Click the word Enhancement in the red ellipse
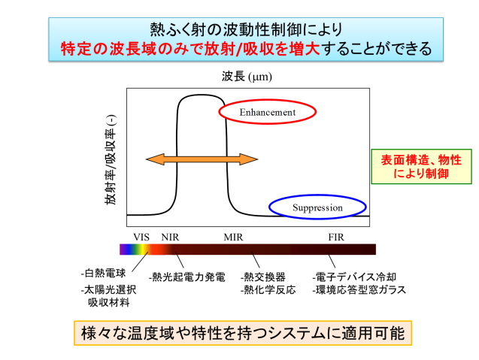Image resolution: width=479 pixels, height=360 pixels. point(267,113)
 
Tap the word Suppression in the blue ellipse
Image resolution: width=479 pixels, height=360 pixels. point(317,207)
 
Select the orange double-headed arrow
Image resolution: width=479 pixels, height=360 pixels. point(202,159)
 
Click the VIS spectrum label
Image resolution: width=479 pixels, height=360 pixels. point(141,237)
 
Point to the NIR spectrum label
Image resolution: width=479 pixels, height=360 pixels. point(170,237)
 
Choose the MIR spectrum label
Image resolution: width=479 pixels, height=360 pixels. point(233,237)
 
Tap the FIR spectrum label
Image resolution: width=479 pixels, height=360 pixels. point(336,237)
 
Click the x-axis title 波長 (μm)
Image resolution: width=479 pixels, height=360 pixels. point(247,77)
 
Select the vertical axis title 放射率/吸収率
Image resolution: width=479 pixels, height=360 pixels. point(111,160)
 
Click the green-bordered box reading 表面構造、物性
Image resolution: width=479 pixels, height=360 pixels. point(422,166)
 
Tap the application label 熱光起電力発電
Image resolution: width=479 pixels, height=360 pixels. point(187,277)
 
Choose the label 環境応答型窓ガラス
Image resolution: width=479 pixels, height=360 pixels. point(359,290)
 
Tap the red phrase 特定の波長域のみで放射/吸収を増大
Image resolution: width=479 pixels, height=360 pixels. point(190,49)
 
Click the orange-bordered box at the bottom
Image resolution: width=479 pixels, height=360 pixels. point(243,333)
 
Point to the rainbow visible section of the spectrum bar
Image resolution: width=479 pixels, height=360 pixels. point(135,250)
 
